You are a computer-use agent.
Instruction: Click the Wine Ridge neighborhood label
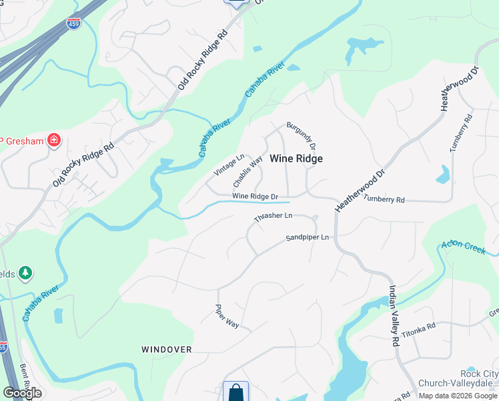coord(296,158)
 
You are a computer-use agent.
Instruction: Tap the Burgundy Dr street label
coord(300,134)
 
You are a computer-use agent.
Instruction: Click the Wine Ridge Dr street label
coord(255,196)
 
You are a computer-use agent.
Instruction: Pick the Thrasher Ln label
coord(274,217)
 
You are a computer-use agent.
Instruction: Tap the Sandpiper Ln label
coord(308,237)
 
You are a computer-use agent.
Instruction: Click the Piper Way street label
coord(227,315)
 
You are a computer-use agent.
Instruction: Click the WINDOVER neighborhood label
coord(167,350)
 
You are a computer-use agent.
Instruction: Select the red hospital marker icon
coord(54,141)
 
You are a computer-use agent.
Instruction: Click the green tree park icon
coord(25,273)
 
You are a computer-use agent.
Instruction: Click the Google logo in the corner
coord(22,393)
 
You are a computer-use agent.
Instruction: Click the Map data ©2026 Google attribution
coord(458,396)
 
